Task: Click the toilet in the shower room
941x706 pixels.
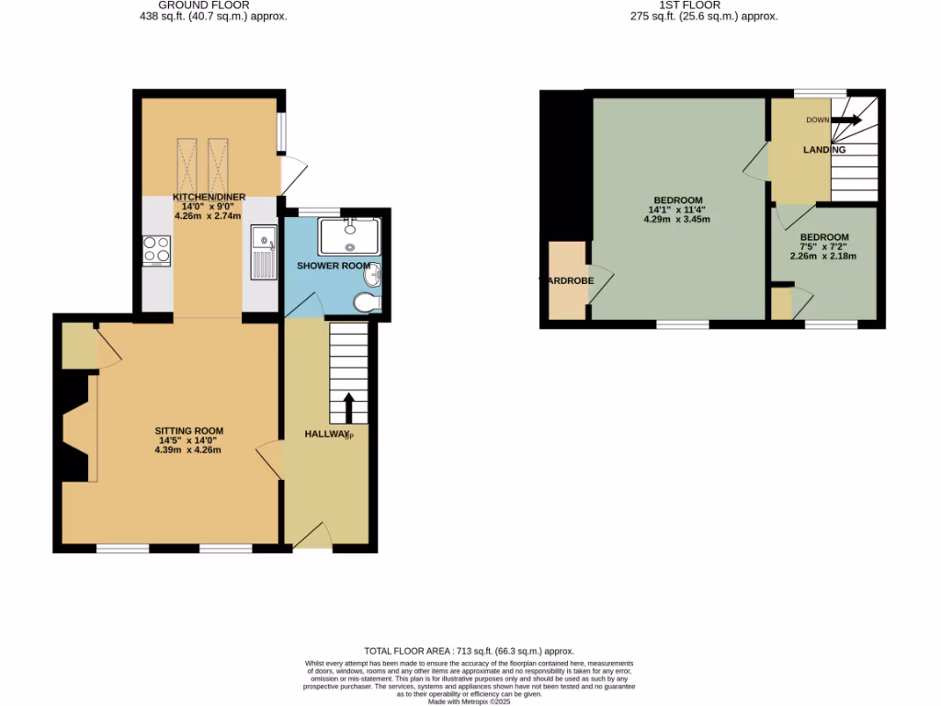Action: point(365,303)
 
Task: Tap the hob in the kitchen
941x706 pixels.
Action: point(156,251)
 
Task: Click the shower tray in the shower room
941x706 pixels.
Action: point(348,236)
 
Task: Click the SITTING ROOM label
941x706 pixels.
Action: point(188,430)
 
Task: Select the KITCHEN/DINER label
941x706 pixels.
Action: point(210,197)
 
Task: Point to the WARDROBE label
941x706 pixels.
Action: point(566,280)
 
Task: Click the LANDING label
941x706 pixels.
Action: point(824,150)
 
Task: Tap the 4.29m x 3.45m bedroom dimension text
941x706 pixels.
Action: point(678,219)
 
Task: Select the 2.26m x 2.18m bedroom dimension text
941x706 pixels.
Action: point(824,256)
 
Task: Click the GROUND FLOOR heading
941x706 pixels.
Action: point(207,5)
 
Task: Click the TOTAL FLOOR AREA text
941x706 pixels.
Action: point(470,649)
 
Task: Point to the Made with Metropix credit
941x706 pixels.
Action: point(470,701)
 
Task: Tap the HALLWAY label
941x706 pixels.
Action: point(327,434)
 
